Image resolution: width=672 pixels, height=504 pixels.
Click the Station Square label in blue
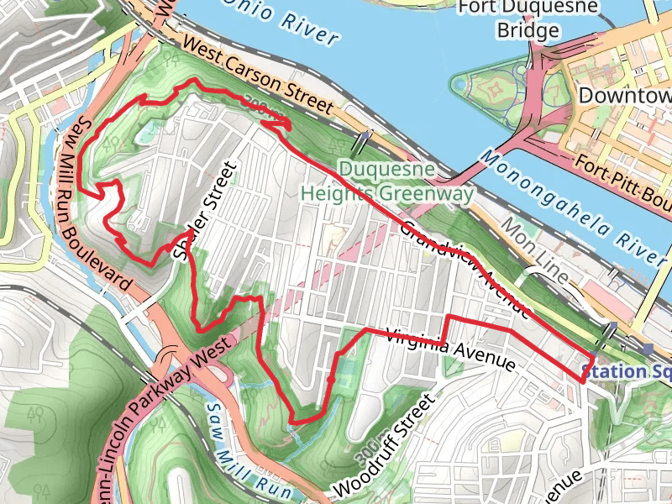click(x=626, y=371)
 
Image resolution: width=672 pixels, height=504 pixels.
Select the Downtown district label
click(x=626, y=95)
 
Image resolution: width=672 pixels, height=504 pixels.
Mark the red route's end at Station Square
click(x=581, y=381)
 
